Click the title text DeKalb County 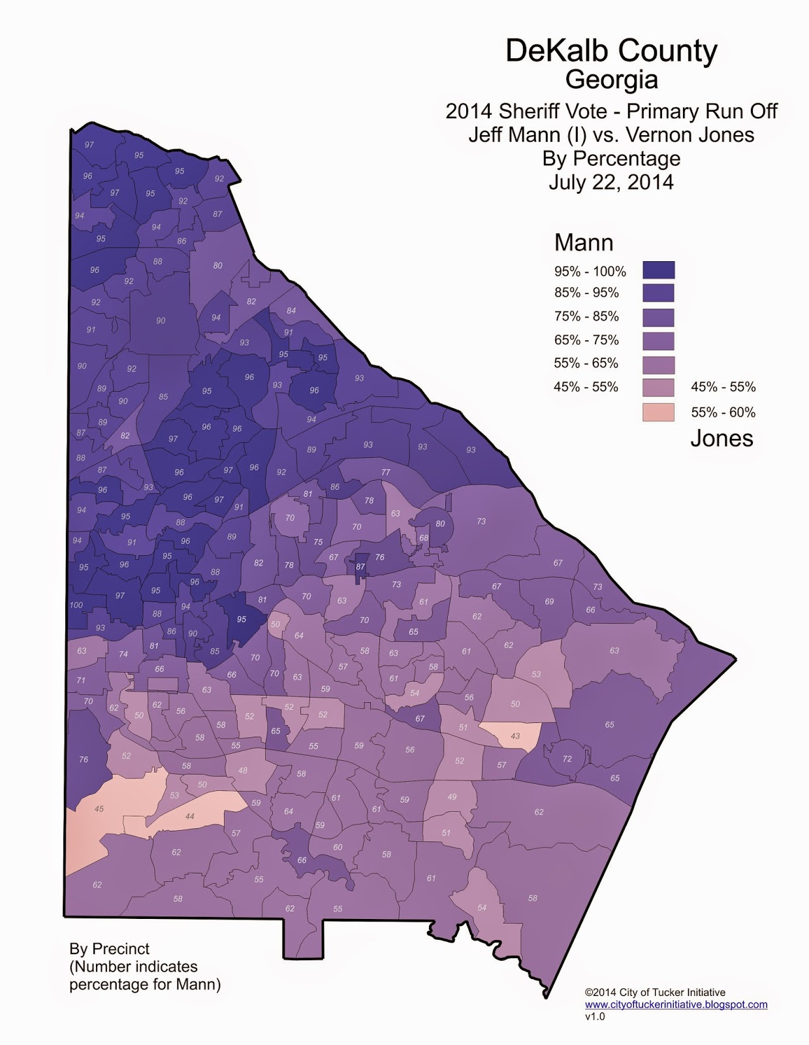(x=611, y=51)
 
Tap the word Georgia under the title (x=611, y=80)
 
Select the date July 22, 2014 (x=611, y=182)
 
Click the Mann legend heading (x=584, y=242)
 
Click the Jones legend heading (x=722, y=438)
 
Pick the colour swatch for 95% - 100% (x=658, y=270)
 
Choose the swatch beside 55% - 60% (x=658, y=412)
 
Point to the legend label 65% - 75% (x=586, y=340)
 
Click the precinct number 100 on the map (x=76, y=605)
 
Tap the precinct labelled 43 (x=515, y=736)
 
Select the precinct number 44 (x=190, y=816)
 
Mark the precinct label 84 (x=291, y=311)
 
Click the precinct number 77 (x=386, y=472)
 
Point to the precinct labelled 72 (x=567, y=759)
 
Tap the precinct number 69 (x=549, y=602)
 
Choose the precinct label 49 (x=452, y=797)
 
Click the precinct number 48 (x=243, y=771)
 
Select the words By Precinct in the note (x=110, y=949)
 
